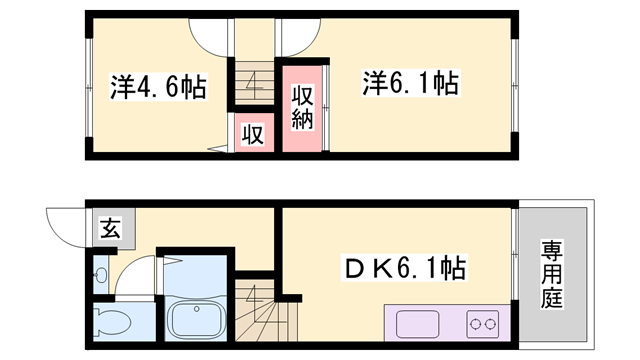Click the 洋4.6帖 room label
157,87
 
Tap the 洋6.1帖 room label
410,84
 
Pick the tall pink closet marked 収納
303,106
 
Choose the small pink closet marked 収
254,134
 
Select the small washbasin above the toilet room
100,276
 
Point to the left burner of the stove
477,324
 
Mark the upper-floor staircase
254,80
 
